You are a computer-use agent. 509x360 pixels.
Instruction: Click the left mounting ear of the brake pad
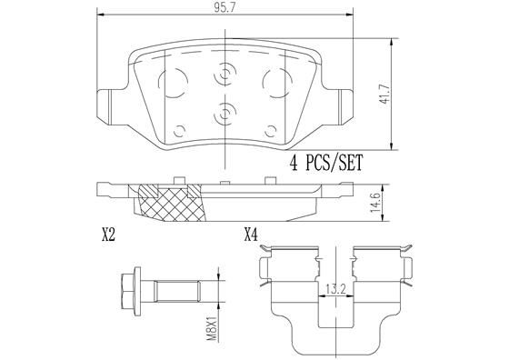[x=106, y=100]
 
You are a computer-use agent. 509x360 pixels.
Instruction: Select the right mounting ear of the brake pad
[x=340, y=100]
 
